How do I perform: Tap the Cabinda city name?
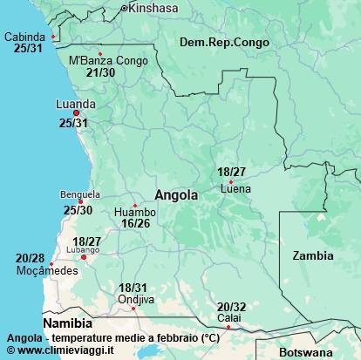click(26, 37)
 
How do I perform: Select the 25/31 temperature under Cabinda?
click(28, 48)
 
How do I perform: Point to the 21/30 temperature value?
click(101, 72)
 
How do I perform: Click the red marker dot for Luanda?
click(76, 113)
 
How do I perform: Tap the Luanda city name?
click(76, 103)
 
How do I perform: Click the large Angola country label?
click(176, 195)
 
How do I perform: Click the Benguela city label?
click(80, 194)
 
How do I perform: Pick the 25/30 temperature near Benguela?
click(78, 210)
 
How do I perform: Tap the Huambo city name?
click(135, 212)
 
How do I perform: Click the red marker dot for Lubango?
click(84, 257)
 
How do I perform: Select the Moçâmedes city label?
click(47, 270)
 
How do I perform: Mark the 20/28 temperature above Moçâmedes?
click(31, 258)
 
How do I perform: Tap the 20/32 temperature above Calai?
click(231, 307)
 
